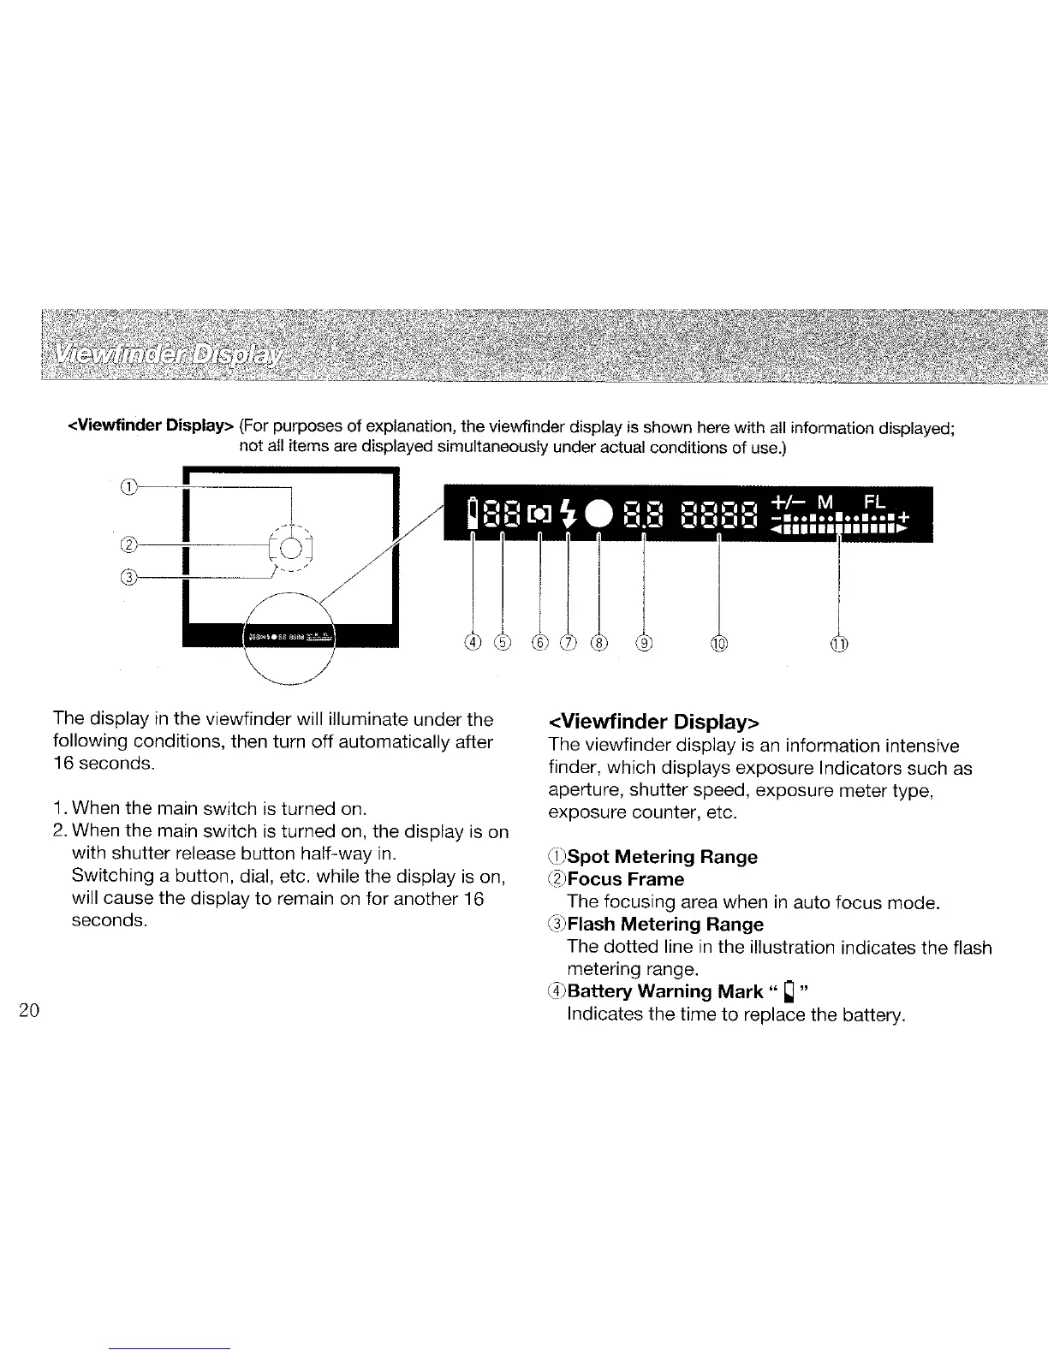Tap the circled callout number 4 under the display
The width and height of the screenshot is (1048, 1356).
[x=473, y=643]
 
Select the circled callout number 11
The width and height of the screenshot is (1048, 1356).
[x=839, y=643]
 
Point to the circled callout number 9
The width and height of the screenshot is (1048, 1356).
[x=644, y=643]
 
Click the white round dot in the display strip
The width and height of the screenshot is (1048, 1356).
[x=598, y=514]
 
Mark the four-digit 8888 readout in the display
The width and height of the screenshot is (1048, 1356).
[x=720, y=515]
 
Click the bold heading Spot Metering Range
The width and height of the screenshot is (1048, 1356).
[x=662, y=857]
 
